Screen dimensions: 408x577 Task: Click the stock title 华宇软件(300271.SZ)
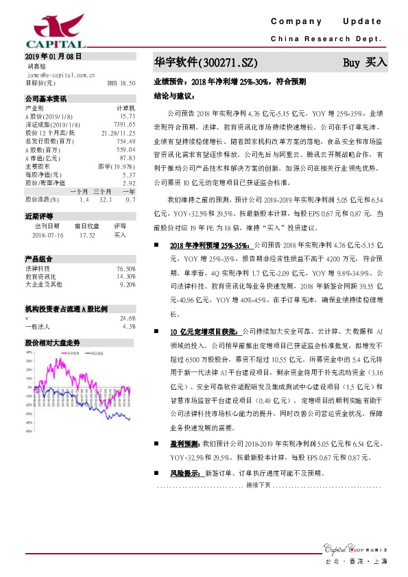[x=206, y=63]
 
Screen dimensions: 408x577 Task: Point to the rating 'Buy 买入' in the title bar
[x=365, y=62]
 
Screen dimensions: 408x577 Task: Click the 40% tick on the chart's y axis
[x=29, y=352]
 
